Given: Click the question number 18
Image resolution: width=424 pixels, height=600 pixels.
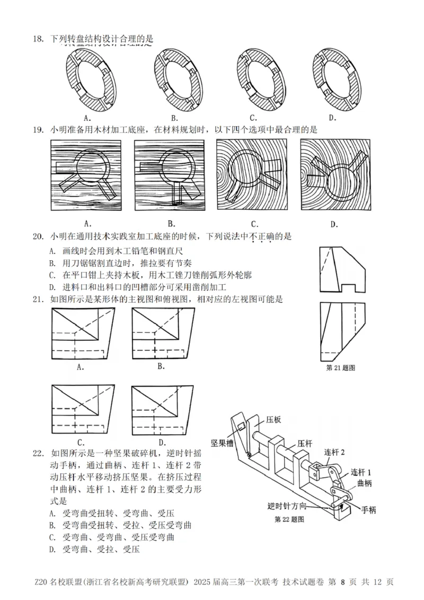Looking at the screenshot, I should [x=37, y=38].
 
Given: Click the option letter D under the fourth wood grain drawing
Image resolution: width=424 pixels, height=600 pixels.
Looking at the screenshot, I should [x=334, y=224].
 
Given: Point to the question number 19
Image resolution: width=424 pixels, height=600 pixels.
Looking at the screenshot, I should [x=37, y=129].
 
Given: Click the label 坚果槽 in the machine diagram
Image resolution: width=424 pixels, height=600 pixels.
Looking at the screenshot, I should [x=222, y=442].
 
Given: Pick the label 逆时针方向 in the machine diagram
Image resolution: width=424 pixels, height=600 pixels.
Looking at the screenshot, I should [x=287, y=506].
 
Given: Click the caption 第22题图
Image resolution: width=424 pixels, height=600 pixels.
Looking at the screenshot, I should [x=289, y=519].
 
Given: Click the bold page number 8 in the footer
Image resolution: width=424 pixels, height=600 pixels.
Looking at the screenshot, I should [x=343, y=582].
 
